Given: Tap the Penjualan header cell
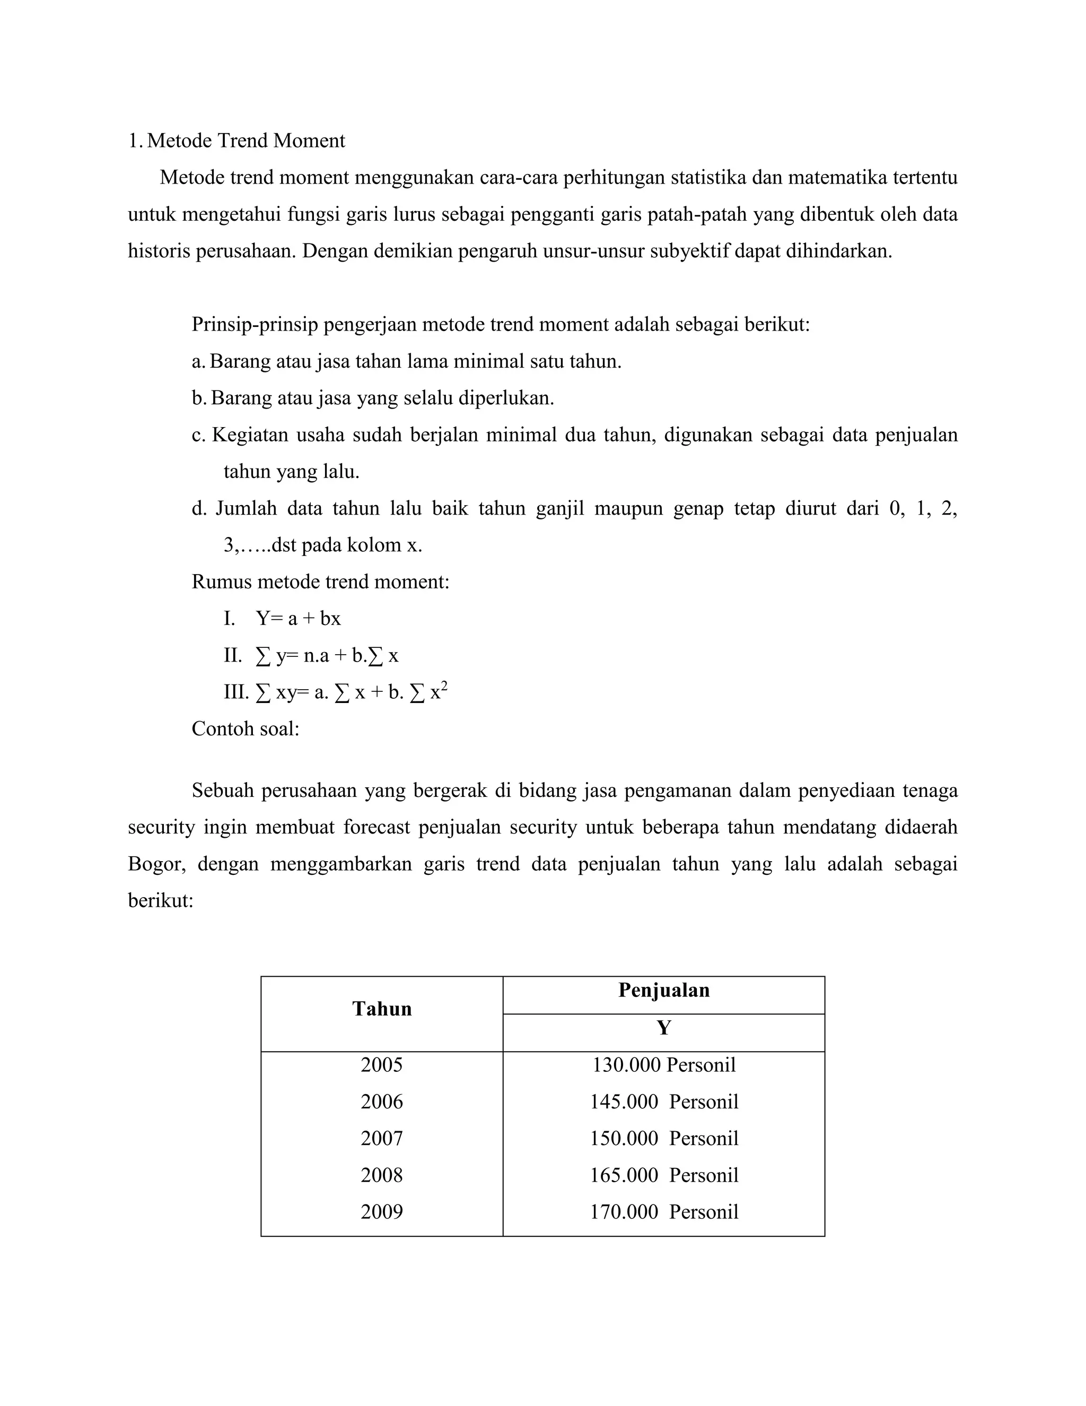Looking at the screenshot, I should point(663,990).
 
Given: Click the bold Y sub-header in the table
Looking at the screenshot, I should point(663,1028).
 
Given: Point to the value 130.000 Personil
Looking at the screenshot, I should point(663,1065).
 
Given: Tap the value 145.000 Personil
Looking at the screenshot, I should point(663,1101).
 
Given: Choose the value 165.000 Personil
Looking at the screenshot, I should point(663,1175).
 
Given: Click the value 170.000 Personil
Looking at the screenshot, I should point(663,1212).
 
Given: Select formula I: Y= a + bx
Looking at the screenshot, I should point(298,619).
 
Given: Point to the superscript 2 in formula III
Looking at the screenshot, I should point(444,686).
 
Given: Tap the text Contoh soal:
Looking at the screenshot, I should point(245,729).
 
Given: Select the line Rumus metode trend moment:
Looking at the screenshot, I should point(320,582).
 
